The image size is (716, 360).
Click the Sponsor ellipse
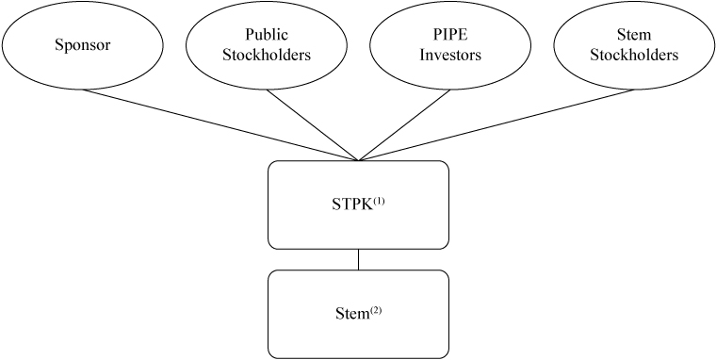82,45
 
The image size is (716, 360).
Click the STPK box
358,226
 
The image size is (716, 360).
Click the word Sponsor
82,45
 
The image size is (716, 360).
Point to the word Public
267,36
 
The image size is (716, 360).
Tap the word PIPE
450,36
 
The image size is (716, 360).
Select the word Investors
450,55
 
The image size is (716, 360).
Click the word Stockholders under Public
267,55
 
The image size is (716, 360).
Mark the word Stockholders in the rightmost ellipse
634,55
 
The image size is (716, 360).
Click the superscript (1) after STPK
381,199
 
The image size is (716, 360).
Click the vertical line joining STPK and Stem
358,259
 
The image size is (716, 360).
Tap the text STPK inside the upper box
353,204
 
